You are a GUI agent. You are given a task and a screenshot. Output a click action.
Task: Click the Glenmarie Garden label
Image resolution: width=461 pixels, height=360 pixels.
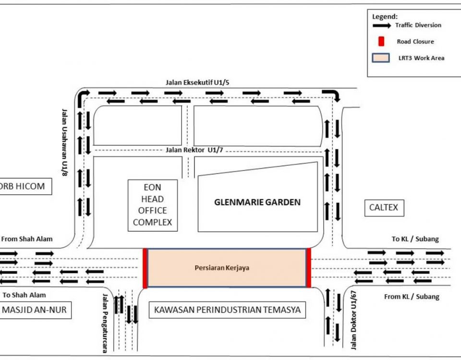click(257, 202)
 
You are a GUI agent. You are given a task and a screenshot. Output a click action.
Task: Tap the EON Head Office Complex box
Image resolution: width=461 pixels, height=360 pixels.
click(152, 204)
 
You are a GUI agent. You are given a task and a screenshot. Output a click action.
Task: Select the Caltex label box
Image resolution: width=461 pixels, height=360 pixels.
click(384, 208)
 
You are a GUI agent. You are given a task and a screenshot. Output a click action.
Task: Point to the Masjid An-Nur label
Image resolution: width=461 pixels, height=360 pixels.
click(34, 310)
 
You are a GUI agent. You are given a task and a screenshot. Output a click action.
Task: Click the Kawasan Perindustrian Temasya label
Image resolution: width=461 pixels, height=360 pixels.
click(227, 310)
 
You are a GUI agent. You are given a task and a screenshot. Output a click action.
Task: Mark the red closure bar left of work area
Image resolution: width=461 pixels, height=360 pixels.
click(145, 268)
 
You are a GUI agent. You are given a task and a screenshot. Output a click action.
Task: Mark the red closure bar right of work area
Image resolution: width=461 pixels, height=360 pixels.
click(309, 268)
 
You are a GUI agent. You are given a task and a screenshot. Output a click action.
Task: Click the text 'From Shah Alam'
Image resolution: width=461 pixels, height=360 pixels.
click(27, 239)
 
